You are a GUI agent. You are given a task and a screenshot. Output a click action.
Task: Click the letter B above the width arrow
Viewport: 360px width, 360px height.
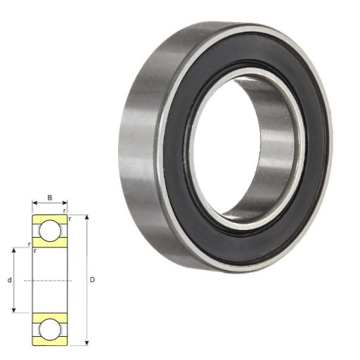tap(50, 198)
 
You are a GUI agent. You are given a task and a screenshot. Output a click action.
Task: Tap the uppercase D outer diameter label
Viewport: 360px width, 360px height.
tap(92, 280)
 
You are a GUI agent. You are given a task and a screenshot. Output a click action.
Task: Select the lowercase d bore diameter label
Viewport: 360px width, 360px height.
tap(10, 280)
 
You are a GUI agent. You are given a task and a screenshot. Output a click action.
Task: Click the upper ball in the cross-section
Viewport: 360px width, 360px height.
tap(49, 231)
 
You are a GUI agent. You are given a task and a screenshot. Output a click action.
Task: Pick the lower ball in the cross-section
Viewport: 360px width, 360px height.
tap(49, 329)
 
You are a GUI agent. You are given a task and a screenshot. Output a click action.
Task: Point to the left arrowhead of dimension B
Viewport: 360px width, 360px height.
tap(34, 202)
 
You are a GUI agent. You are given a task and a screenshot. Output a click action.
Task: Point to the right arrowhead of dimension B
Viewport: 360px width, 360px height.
tap(65, 202)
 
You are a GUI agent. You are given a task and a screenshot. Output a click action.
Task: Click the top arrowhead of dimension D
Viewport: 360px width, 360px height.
tap(87, 217)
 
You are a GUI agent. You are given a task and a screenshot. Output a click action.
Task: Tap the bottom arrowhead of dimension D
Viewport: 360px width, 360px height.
tap(87, 343)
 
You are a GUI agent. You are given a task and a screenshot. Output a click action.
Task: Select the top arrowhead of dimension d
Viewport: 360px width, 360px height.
tap(14, 250)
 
